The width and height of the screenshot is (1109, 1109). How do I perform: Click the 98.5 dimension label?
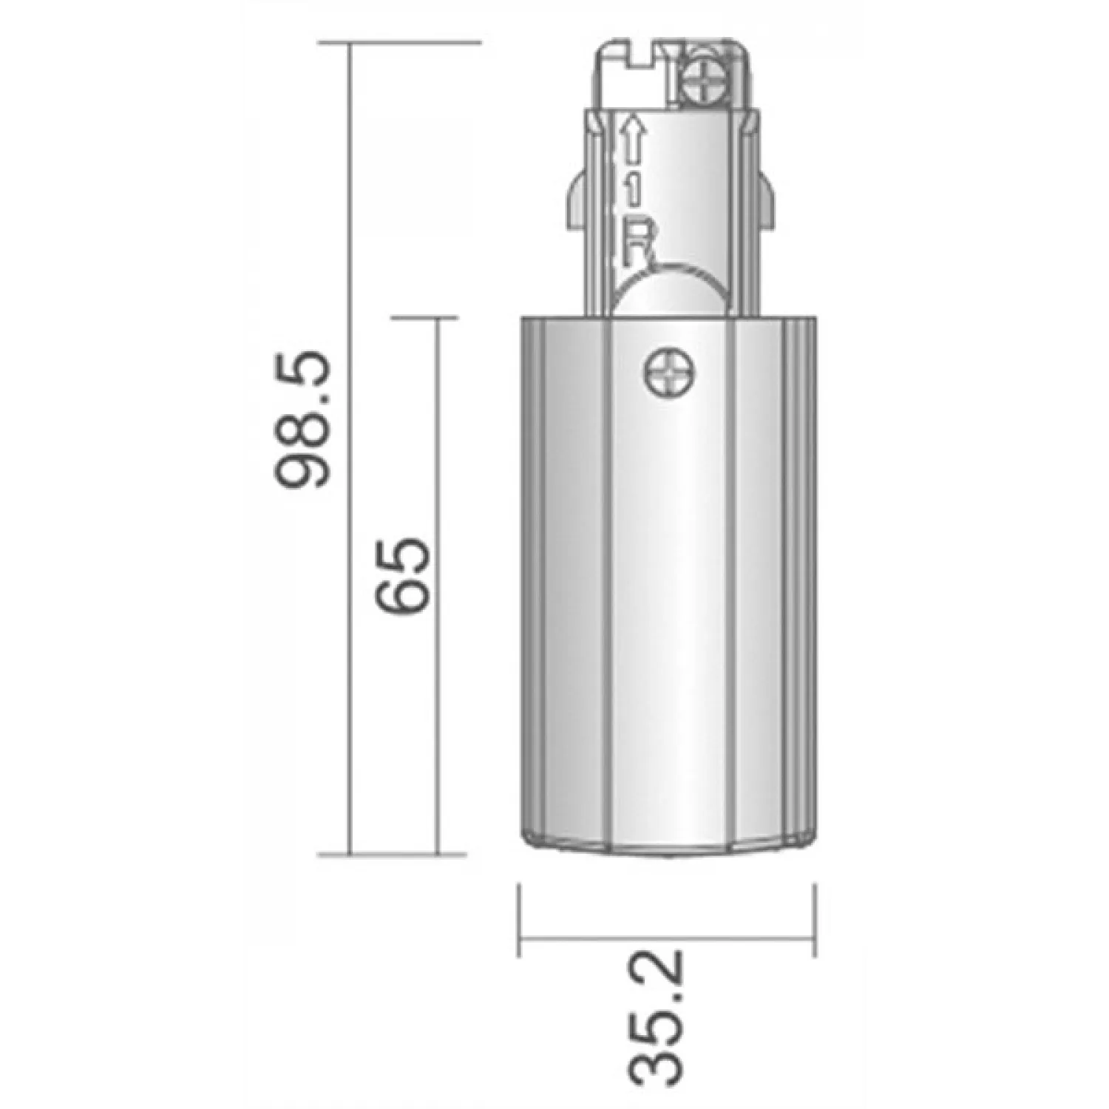click(301, 419)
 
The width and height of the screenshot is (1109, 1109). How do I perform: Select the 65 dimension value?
click(401, 575)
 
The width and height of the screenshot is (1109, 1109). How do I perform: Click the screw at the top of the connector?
click(700, 78)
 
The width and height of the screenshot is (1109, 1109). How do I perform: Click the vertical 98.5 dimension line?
click(350, 449)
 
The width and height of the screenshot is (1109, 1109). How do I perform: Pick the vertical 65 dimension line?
click(439, 586)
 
